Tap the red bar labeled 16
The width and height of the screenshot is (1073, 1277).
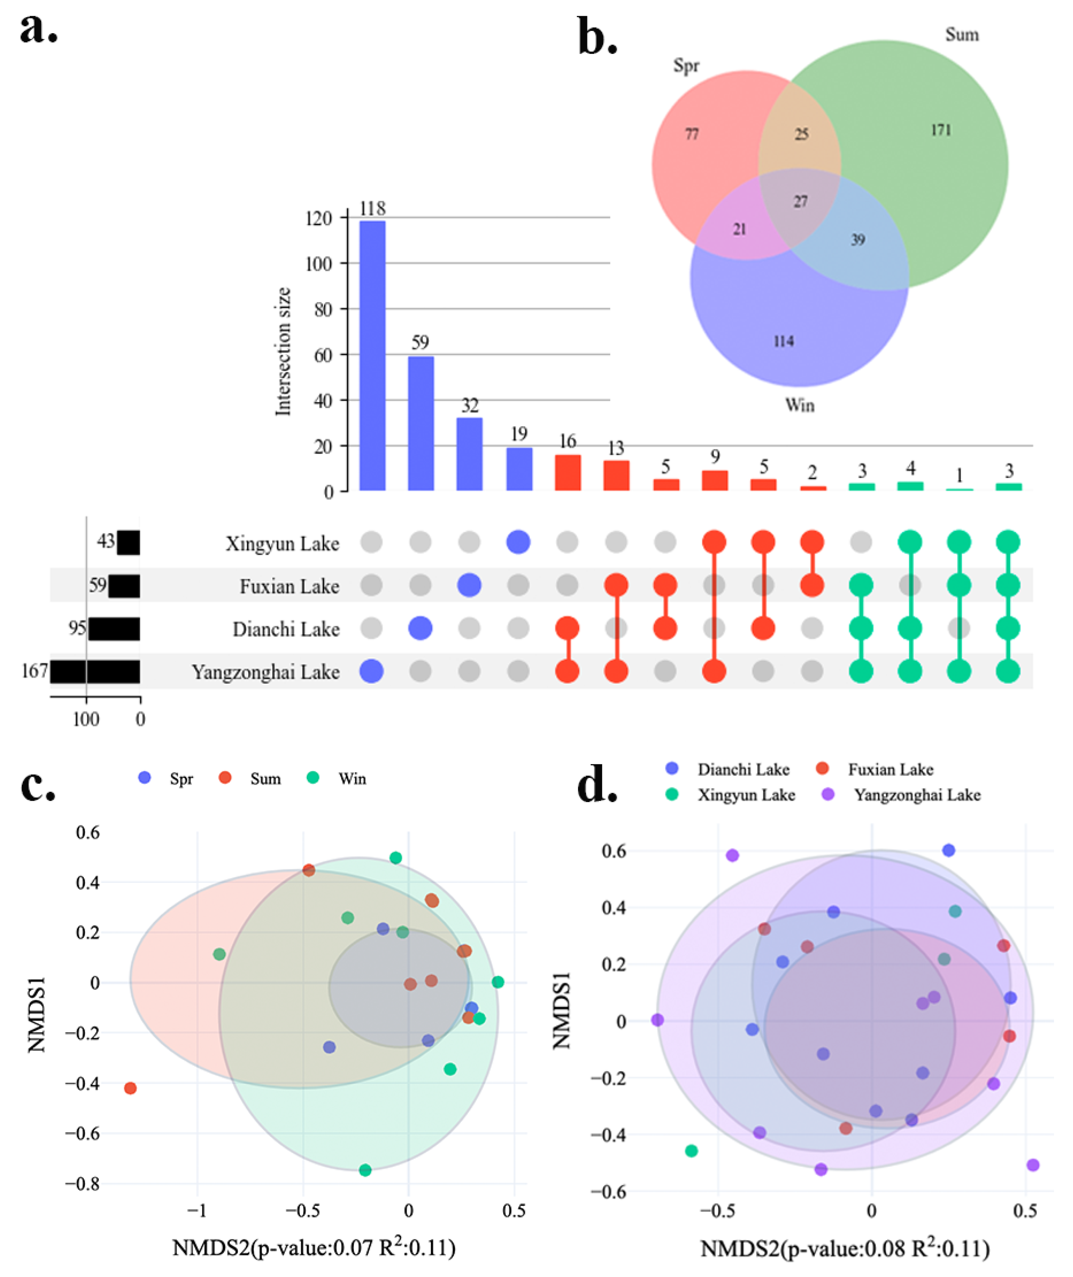[567, 473]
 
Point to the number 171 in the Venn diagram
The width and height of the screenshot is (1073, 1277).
[940, 130]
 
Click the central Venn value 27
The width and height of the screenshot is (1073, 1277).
[800, 201]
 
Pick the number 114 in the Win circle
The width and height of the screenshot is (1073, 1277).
[783, 341]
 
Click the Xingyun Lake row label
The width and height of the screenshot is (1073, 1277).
[282, 543]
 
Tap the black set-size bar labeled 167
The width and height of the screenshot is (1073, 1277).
[95, 672]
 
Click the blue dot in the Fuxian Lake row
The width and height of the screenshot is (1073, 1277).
[469, 585]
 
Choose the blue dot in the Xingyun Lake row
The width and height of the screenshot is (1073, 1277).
[518, 542]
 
